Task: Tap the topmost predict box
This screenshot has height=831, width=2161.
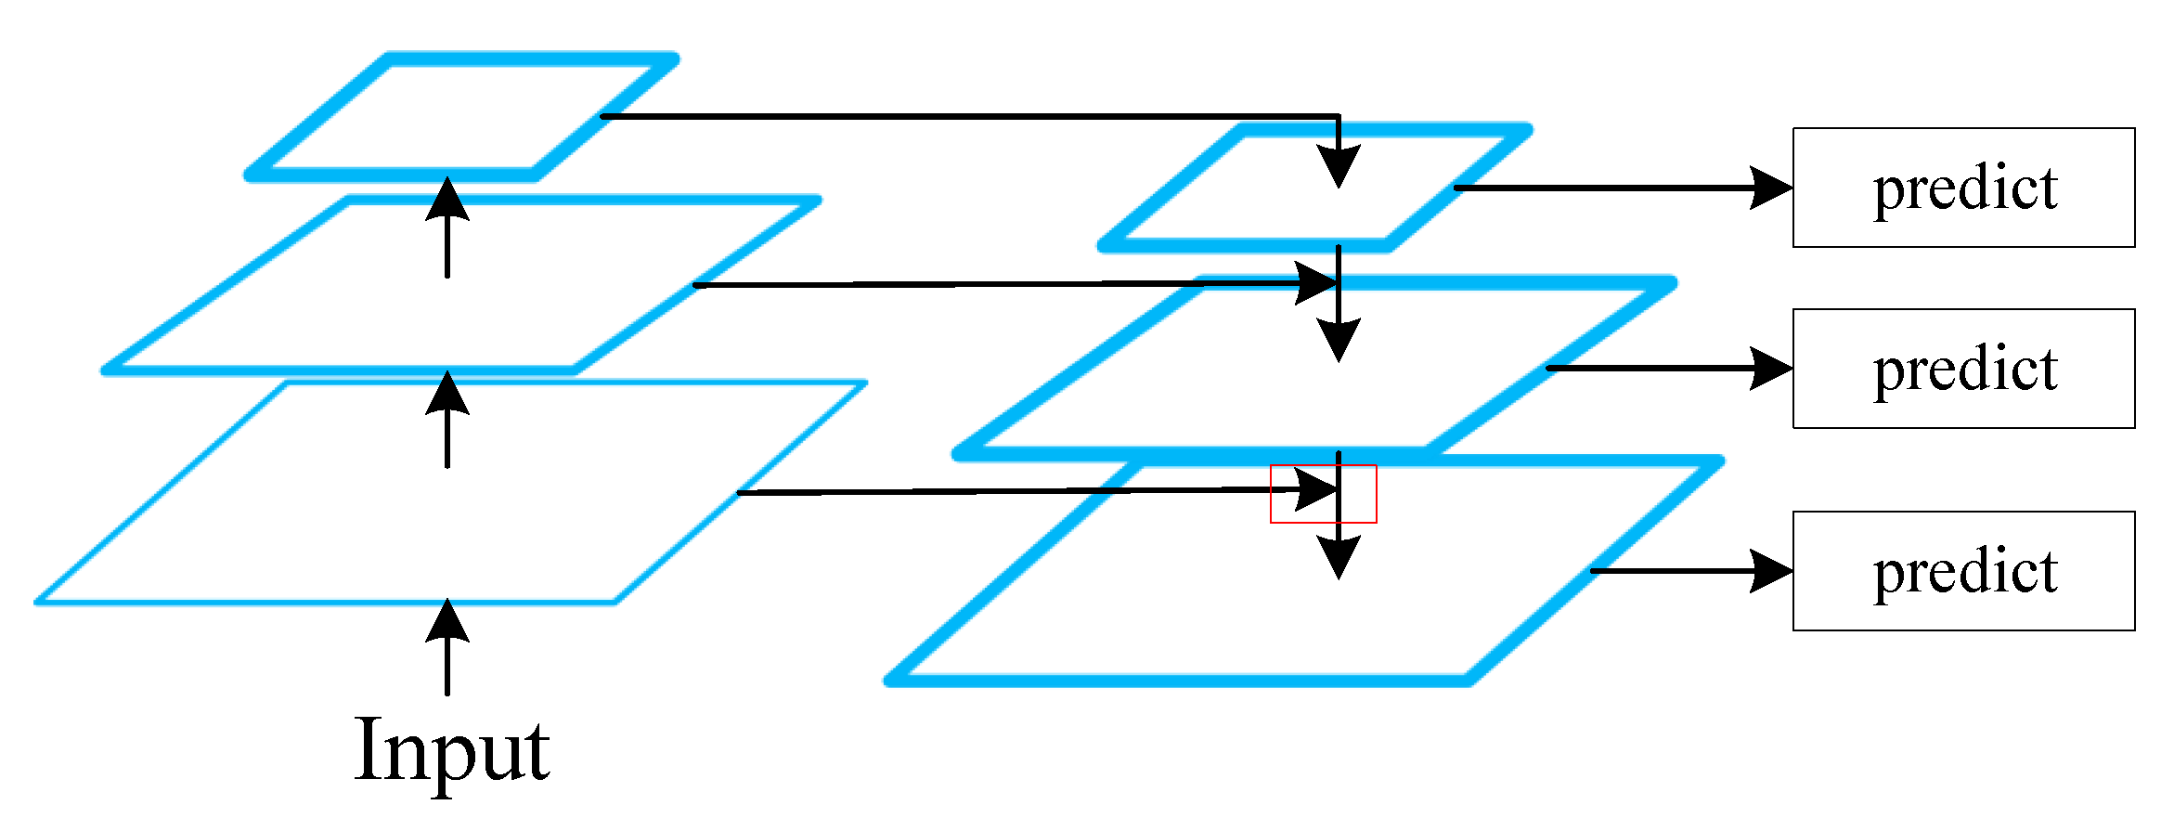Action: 1963,188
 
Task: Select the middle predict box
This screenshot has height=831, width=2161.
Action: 1963,369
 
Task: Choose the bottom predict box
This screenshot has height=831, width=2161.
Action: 1963,571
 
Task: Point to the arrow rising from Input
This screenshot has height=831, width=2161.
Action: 447,647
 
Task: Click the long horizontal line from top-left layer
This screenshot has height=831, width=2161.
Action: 965,116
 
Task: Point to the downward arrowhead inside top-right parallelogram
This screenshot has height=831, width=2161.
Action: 1338,167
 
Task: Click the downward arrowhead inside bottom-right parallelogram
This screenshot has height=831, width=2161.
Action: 1338,557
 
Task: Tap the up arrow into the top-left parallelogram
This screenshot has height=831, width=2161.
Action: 447,227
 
